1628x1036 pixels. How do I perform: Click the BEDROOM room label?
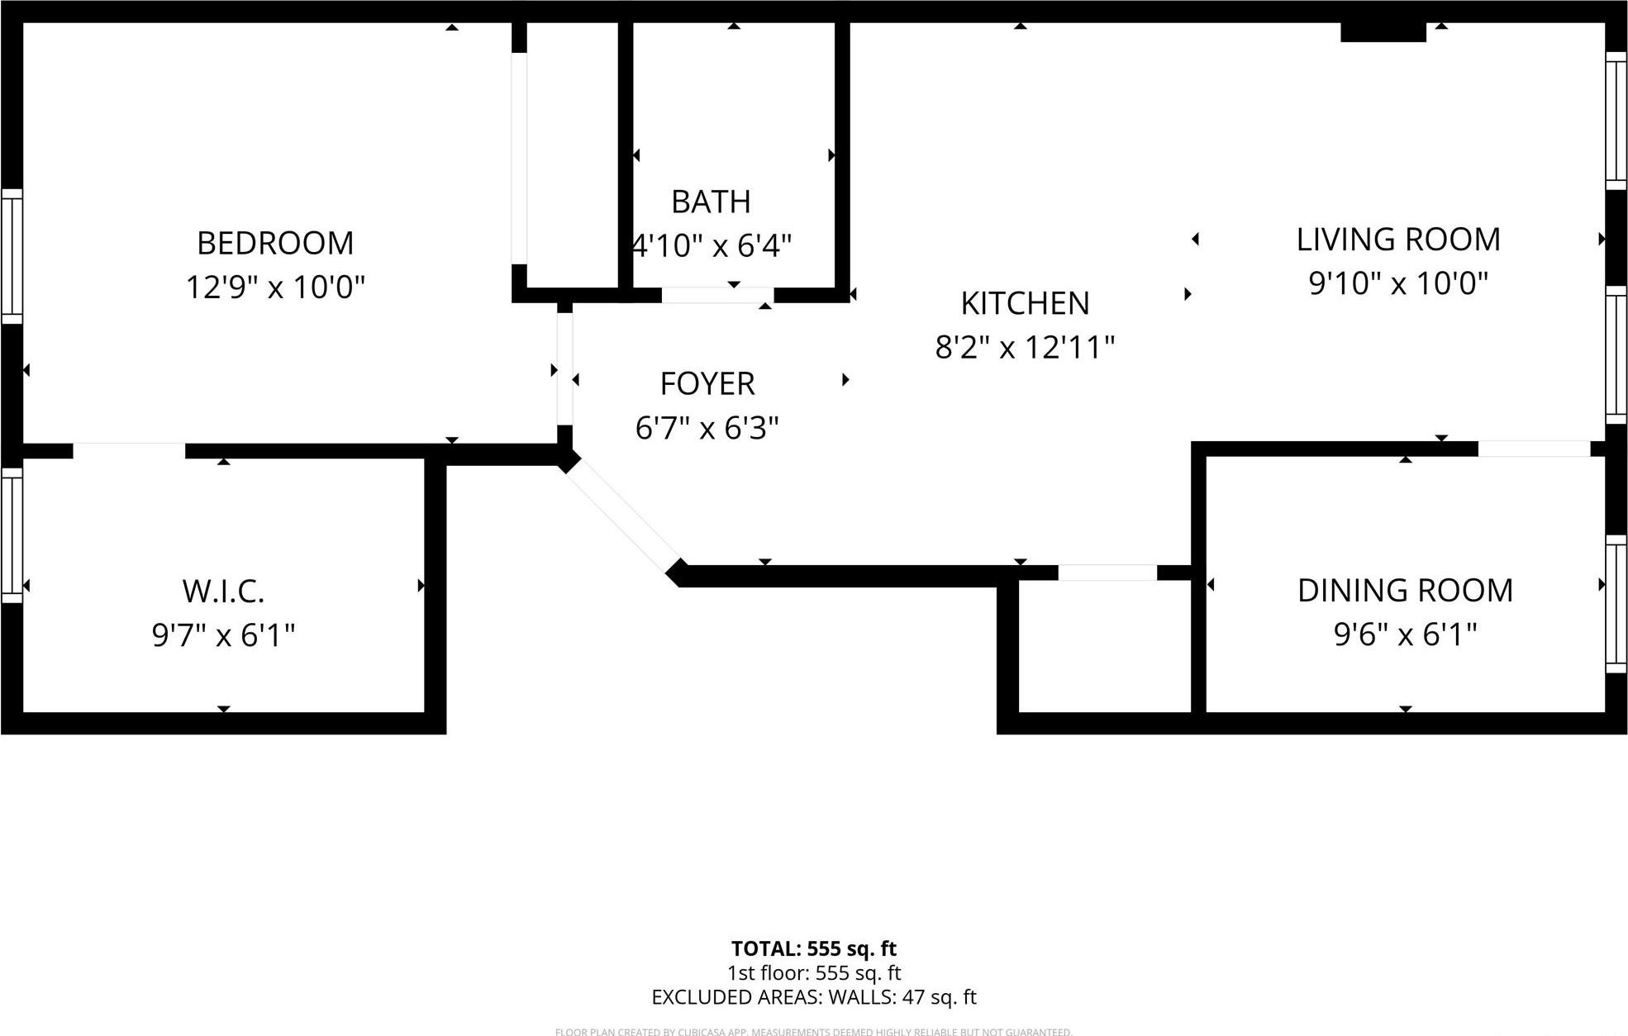tap(275, 243)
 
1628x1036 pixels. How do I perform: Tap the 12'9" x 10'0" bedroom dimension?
tap(275, 288)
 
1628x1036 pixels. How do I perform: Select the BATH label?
tap(711, 202)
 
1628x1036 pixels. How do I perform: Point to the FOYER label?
tap(707, 384)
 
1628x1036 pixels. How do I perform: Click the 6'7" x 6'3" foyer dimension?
tap(707, 428)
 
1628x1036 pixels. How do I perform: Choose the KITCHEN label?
tap(1025, 303)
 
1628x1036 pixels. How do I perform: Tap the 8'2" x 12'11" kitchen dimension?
tap(1025, 348)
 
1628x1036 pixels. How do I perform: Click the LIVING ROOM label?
tap(1398, 240)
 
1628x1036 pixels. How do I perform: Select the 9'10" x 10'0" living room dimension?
tap(1398, 283)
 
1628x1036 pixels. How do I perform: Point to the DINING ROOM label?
tap(1405, 591)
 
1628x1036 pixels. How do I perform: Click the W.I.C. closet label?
tap(223, 592)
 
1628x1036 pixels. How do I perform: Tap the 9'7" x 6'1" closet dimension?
tap(223, 635)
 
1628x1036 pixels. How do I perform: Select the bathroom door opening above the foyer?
tap(717, 295)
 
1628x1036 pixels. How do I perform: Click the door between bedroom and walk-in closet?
tap(129, 450)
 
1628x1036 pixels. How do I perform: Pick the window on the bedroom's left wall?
tap(12, 256)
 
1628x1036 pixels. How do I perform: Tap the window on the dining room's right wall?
tap(1616, 603)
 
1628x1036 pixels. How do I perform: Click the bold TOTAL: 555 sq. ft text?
tap(813, 948)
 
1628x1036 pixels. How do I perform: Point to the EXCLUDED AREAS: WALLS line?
tap(813, 997)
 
